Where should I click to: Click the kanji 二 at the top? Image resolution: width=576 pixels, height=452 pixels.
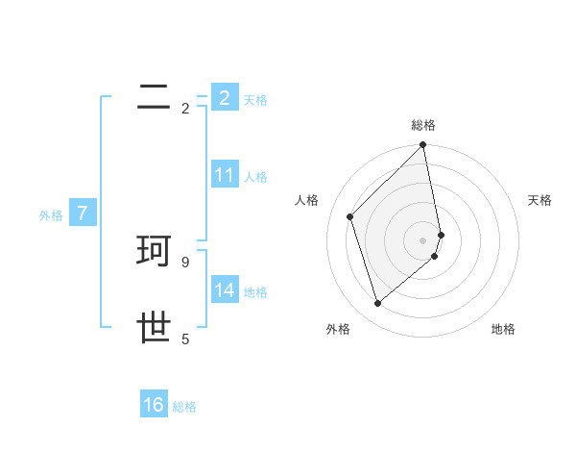point(155,95)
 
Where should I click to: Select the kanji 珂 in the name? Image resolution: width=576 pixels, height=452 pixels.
point(155,251)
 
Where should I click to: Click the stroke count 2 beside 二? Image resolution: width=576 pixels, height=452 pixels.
point(185,109)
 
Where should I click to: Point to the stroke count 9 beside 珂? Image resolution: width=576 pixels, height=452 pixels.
point(185,262)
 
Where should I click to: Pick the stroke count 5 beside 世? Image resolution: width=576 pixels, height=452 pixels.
point(185,339)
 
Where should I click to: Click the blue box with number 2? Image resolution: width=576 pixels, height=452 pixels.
point(225,98)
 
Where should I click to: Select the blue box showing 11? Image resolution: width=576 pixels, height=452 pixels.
point(225,175)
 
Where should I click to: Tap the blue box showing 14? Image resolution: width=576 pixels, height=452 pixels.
point(225,290)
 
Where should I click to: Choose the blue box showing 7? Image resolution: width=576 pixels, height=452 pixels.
point(84,213)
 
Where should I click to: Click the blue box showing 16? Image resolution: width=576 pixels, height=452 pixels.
point(154,405)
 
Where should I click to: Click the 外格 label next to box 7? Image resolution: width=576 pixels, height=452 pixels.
point(51,215)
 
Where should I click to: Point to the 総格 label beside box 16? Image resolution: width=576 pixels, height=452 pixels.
point(184,407)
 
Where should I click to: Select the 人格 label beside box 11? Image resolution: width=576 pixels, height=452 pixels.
point(255,177)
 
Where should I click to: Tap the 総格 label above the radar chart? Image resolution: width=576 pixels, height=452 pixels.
point(423,125)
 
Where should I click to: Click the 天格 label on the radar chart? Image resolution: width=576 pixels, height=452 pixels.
point(540,200)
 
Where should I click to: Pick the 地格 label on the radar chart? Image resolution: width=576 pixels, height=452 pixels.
point(503,329)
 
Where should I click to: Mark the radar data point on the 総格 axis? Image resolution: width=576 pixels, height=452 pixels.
point(423,146)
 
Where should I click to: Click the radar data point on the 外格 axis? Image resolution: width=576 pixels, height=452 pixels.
point(377,304)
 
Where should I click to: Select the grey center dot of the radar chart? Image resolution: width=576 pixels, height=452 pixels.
point(423,240)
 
